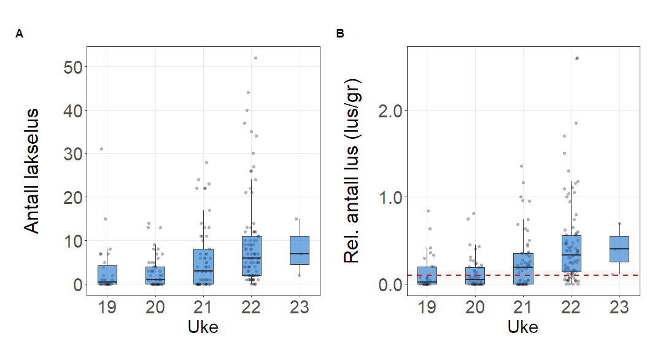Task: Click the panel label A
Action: point(20,34)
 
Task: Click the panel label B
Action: point(340,34)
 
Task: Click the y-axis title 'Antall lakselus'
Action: point(32,171)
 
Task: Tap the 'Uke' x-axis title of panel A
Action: point(203,327)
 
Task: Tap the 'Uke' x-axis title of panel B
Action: point(523,327)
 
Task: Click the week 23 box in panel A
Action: point(299,250)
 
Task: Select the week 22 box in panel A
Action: point(251,256)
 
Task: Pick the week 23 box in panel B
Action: point(619,249)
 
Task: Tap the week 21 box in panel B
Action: point(524,268)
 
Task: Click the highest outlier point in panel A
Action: point(255,58)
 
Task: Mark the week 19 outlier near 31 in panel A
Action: point(102,149)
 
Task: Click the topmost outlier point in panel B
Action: point(576,58)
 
